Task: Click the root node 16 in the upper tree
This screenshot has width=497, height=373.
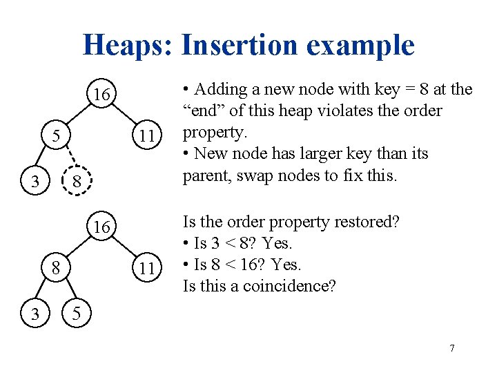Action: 102,95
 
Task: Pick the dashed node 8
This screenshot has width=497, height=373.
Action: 78,182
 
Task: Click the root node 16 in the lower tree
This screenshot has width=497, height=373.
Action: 102,227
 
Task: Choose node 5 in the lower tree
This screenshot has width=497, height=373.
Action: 78,314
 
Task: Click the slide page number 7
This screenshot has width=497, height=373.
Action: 452,348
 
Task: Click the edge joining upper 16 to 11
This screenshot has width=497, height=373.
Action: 125,115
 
